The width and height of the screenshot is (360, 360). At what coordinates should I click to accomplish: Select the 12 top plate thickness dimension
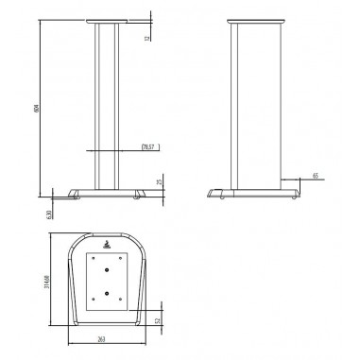click(147, 37)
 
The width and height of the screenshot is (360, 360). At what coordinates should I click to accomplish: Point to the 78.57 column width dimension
click(147, 147)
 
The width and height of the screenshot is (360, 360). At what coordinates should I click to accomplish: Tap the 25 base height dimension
click(159, 180)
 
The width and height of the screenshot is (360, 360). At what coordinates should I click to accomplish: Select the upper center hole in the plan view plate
click(108, 274)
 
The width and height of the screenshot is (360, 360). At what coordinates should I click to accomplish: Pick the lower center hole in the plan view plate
click(108, 294)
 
